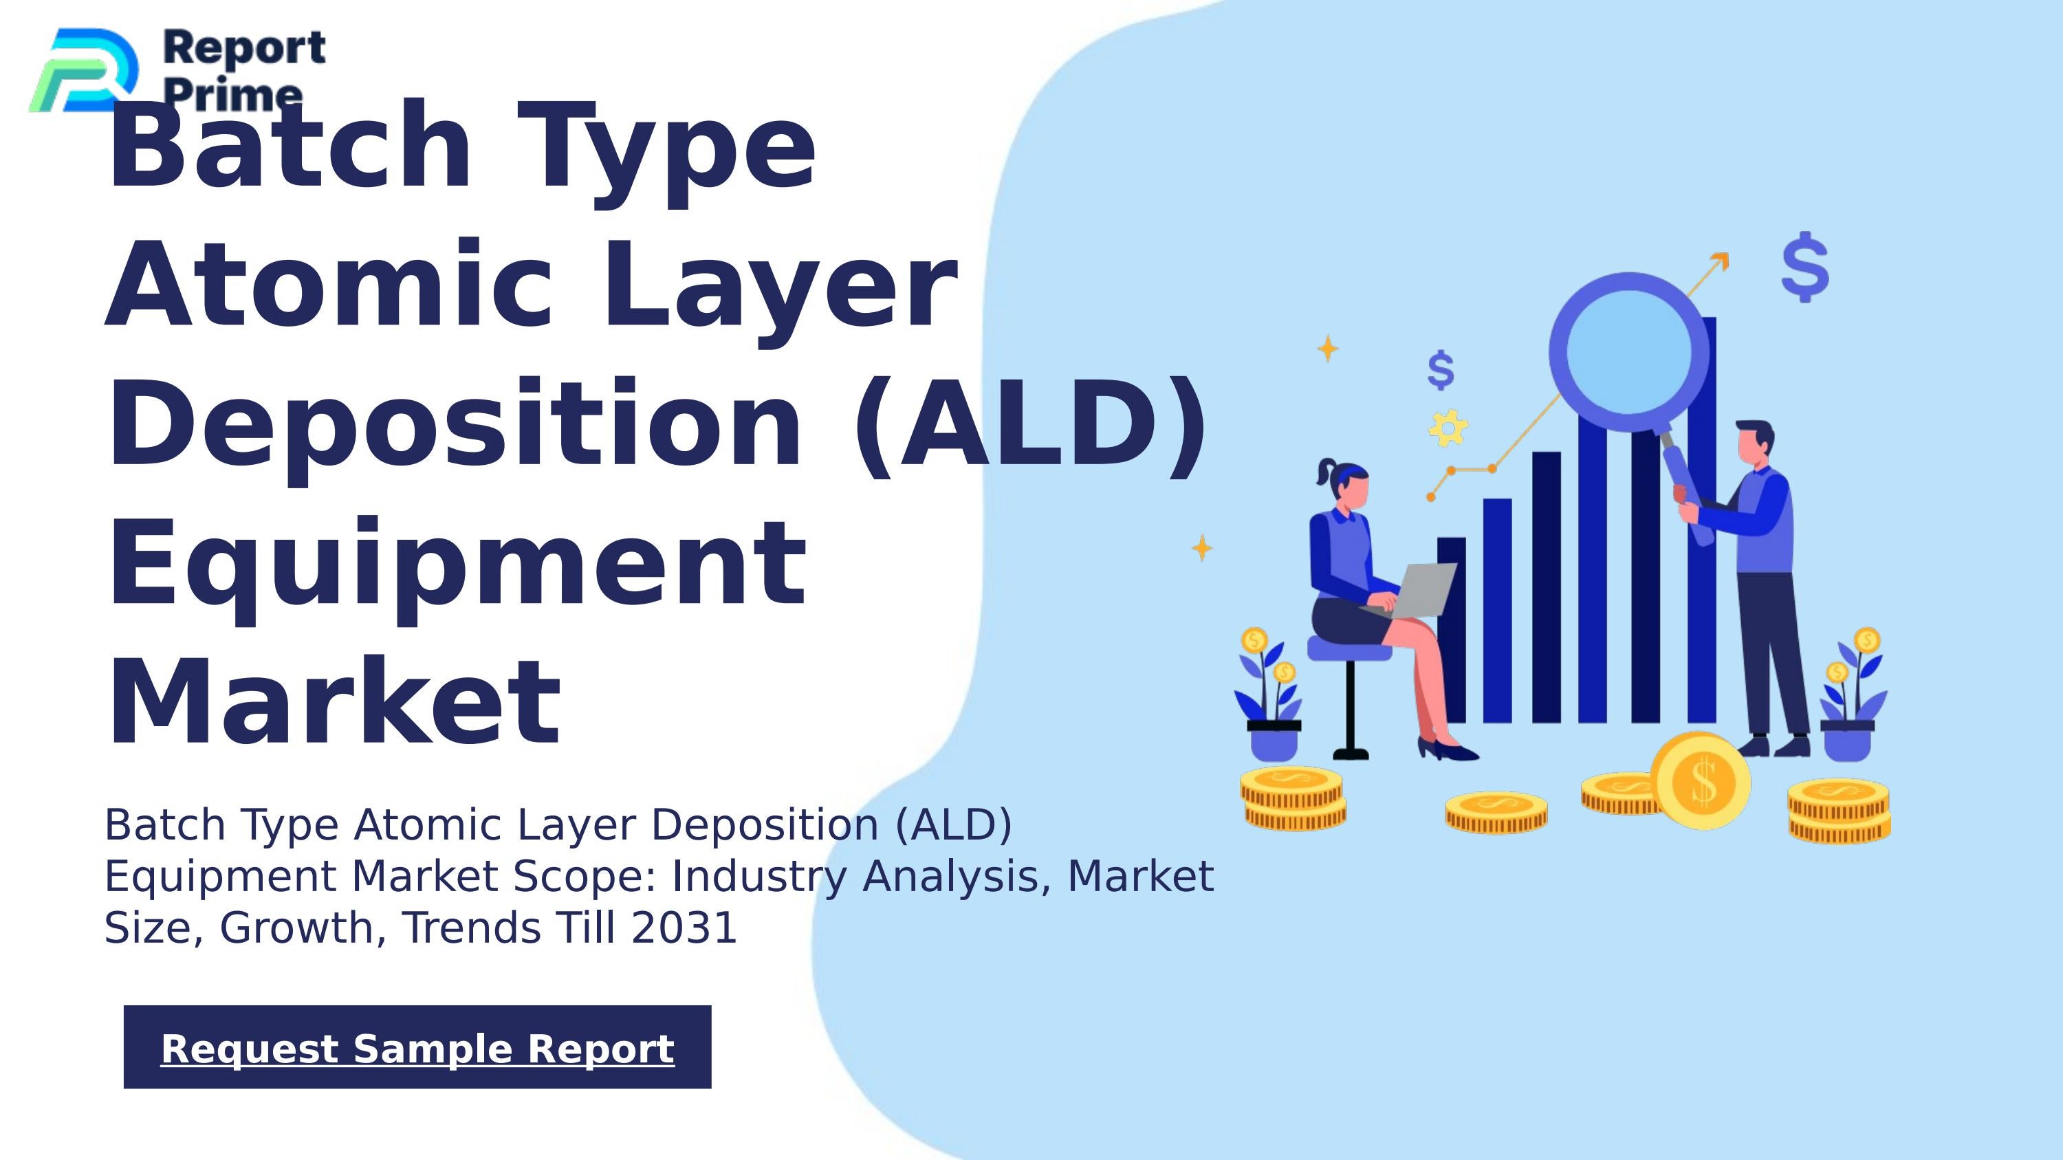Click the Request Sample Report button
[417, 1047]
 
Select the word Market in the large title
[334, 702]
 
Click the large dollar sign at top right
[1804, 267]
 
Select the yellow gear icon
[1448, 428]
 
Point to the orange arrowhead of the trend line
[1721, 260]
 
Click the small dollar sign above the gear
[1441, 370]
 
